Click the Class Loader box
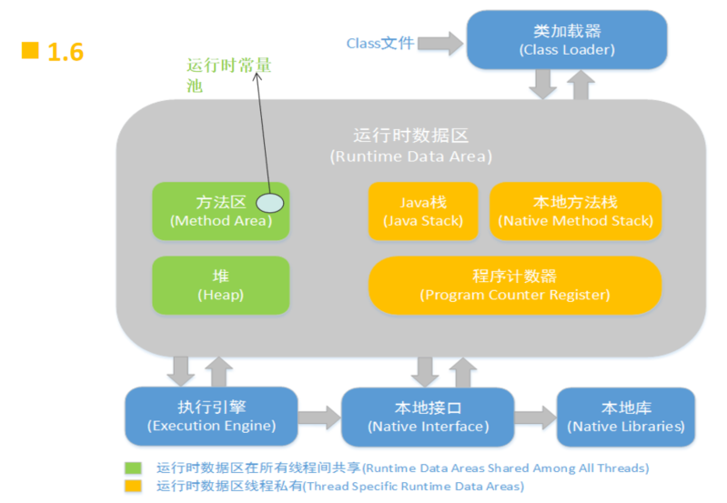566,40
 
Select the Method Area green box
220,211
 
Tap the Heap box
220,285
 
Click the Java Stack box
422,211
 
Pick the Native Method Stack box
575,211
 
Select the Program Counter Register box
514,285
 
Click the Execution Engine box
211,417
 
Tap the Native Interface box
428,417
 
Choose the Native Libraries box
626,417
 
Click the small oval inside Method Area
270,203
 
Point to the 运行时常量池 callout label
228,75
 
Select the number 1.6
65,53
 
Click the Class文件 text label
379,43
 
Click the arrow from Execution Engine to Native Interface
318,417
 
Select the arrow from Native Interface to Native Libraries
534,417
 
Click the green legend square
134,468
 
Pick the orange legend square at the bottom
134,487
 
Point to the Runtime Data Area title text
410,146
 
